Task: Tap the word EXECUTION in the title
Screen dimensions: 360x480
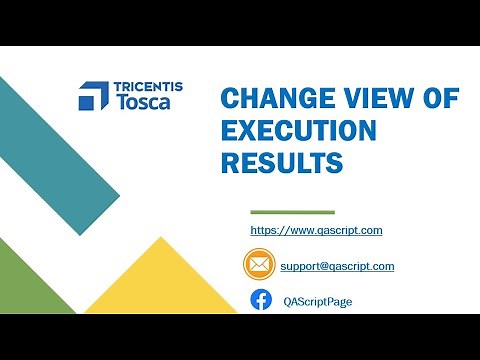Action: [x=299, y=131]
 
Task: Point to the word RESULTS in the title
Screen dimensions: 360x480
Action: [x=281, y=162]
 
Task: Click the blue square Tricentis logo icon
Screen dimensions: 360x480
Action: [x=93, y=96]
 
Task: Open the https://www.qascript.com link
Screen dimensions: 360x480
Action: [x=316, y=230]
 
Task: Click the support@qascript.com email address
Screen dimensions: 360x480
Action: [x=337, y=266]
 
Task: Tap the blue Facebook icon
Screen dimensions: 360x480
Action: [x=261, y=300]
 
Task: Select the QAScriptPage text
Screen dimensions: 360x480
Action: [x=317, y=301]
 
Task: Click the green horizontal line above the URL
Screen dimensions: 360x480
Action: [x=292, y=212]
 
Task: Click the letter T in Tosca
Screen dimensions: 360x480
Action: [x=122, y=104]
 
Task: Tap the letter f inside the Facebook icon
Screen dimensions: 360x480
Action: [x=261, y=301]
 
